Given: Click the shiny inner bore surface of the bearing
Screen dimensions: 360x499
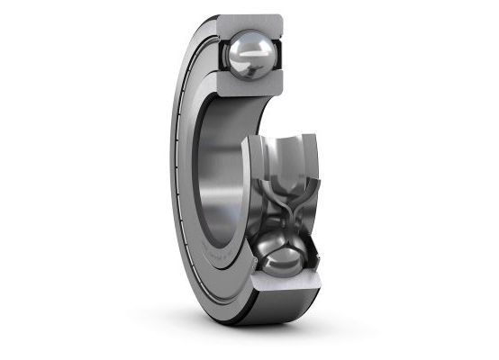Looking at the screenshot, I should tap(221, 171).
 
